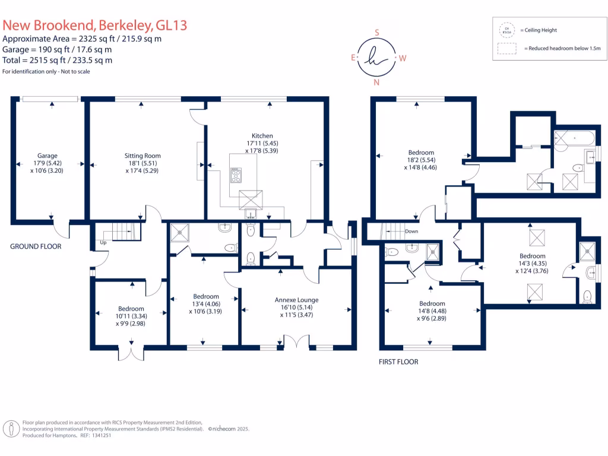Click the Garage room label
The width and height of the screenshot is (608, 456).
pos(47,156)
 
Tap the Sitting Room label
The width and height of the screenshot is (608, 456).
pos(142,156)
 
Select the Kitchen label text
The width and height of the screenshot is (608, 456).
pos(262,136)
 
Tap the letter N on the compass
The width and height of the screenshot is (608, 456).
pos(376,83)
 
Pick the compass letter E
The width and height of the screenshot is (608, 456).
pos(353,58)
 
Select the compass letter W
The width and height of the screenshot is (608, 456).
pos(402,58)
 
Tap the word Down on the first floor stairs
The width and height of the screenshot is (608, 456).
pos(411,232)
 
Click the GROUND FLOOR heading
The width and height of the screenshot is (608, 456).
pos(36,246)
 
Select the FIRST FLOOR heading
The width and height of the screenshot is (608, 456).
pos(398,362)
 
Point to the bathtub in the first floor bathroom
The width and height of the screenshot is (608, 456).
pos(573,138)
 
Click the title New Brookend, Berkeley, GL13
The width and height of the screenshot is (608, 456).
pos(95,26)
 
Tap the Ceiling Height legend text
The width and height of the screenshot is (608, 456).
pos(539,30)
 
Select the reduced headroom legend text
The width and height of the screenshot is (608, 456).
pos(561,49)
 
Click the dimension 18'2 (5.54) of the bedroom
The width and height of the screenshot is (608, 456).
pos(421,160)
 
